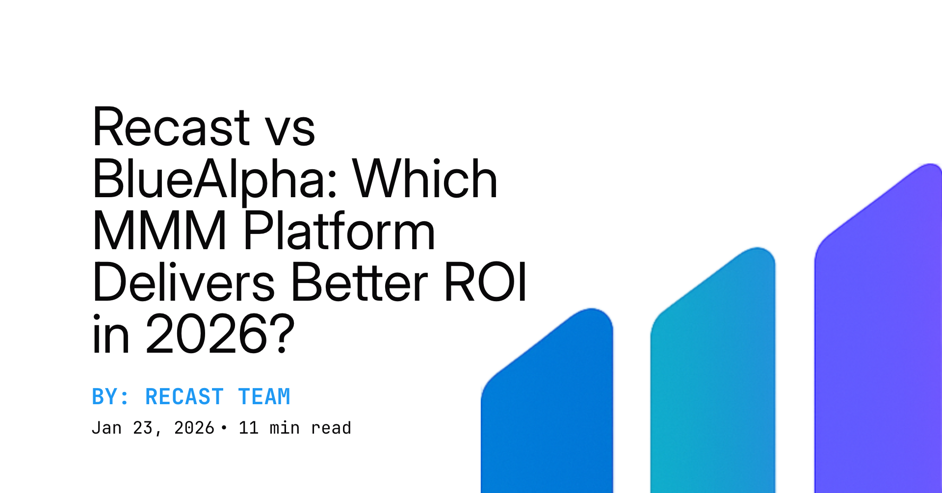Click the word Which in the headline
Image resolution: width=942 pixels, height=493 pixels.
click(x=425, y=180)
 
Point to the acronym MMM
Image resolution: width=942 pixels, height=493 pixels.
click(x=159, y=231)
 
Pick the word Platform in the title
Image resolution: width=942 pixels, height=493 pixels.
click(x=339, y=231)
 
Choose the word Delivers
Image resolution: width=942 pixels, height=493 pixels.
click(x=183, y=283)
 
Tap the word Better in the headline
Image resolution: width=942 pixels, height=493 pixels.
click(x=360, y=283)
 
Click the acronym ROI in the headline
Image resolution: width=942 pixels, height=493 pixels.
click(x=486, y=283)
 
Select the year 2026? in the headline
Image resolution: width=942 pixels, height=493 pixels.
click(x=220, y=335)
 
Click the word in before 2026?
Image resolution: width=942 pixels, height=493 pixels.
click(x=111, y=335)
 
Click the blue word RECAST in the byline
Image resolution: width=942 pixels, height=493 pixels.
click(x=184, y=397)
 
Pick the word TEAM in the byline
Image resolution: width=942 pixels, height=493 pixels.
click(x=264, y=397)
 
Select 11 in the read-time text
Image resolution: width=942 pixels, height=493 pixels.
click(x=248, y=428)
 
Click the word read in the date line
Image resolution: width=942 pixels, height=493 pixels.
click(x=331, y=428)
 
